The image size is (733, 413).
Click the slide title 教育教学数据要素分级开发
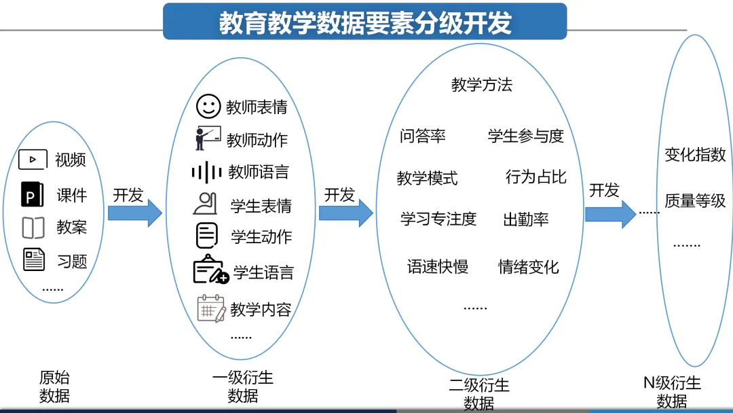click(364, 22)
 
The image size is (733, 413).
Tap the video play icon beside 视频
click(32, 160)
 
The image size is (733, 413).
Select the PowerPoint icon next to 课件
click(32, 194)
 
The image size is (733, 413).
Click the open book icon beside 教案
click(33, 228)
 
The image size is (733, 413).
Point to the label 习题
click(72, 261)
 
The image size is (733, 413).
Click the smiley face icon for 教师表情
click(208, 106)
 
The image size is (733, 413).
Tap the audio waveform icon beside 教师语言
click(206, 173)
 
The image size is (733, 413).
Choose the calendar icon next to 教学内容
click(210, 308)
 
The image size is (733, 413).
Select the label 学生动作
click(261, 236)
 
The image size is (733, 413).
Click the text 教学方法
click(482, 85)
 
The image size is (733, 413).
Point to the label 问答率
click(423, 136)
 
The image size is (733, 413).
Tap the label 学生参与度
click(526, 136)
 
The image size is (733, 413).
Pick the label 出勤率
click(526, 219)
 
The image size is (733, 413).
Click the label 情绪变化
click(529, 266)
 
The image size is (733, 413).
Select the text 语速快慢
click(438, 266)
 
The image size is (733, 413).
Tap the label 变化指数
click(695, 155)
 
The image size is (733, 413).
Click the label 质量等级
click(695, 201)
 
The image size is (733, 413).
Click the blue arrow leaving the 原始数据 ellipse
click(135, 213)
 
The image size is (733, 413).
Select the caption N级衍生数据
click(672, 392)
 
